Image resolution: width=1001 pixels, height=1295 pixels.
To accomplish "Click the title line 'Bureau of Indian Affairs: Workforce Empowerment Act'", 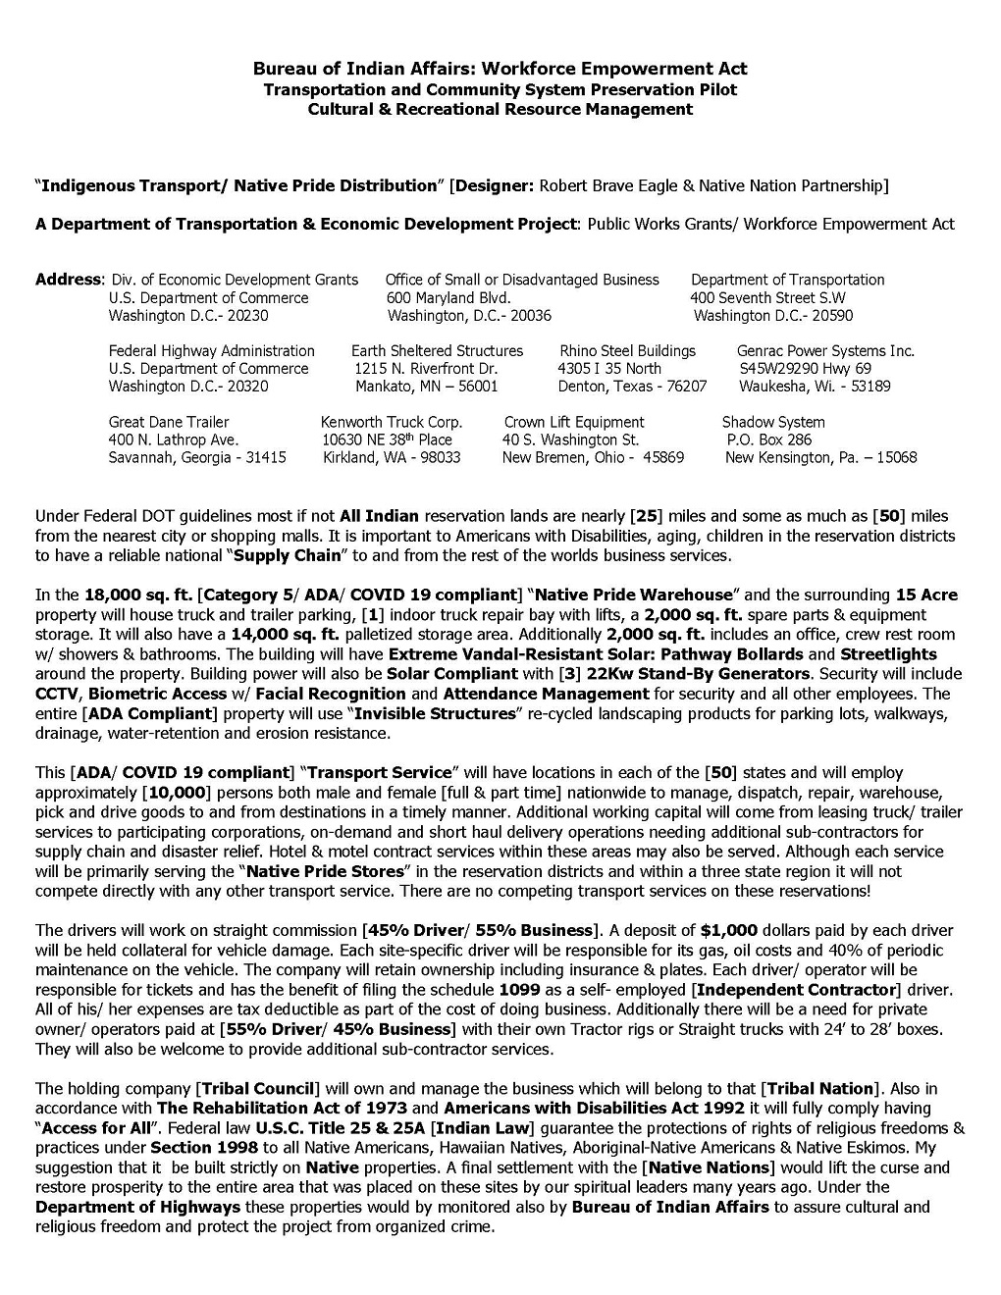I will (x=500, y=68).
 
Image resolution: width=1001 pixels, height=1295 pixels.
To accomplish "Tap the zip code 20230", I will (x=247, y=316).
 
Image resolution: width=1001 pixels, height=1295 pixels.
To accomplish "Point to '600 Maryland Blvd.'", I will (x=448, y=297).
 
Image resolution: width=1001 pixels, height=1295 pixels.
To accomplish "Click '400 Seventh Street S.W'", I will (x=767, y=297).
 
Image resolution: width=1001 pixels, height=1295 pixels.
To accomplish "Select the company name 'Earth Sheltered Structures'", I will (x=437, y=350).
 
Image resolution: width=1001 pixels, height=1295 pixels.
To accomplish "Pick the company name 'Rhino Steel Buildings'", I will (x=627, y=350).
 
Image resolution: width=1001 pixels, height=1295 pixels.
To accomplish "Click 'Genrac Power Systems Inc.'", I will (x=825, y=350).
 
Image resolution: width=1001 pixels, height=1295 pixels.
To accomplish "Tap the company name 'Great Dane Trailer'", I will (x=169, y=422).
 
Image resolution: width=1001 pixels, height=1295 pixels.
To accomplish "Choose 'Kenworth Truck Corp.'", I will (x=392, y=422).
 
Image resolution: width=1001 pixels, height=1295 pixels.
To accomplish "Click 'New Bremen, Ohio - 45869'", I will (x=593, y=457).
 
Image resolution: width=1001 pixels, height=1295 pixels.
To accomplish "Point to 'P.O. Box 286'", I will (x=768, y=440).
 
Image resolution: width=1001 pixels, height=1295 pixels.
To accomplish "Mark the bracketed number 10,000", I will (x=180, y=792).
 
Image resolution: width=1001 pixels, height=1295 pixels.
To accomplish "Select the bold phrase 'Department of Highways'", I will (x=124, y=1207).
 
